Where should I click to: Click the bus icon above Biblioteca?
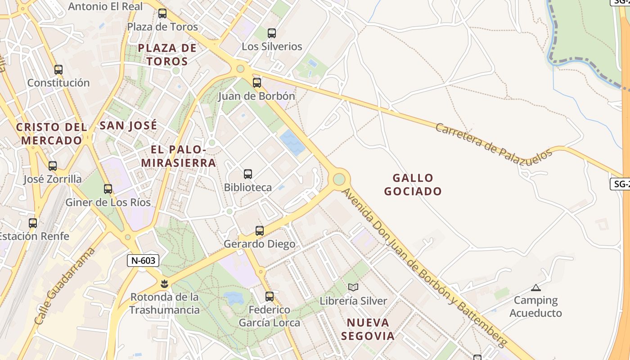point(247,174)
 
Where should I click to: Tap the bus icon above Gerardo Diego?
point(260,231)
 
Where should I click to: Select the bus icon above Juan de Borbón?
point(256,83)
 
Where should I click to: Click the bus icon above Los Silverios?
point(272,33)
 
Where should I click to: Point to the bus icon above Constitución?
point(58,70)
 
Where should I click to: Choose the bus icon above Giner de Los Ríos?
point(108,189)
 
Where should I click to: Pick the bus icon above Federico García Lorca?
point(270,297)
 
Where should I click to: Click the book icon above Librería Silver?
point(353,287)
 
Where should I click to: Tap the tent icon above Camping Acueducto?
point(535,288)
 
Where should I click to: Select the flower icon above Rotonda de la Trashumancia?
point(164,284)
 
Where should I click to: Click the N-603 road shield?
point(143,260)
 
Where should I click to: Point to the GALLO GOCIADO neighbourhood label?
point(413,184)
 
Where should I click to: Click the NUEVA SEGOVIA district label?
point(368,329)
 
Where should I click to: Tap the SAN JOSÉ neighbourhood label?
point(128,125)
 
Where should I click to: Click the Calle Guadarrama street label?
point(65,286)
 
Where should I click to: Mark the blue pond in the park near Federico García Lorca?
point(233,297)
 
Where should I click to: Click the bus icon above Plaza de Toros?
point(162,14)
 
